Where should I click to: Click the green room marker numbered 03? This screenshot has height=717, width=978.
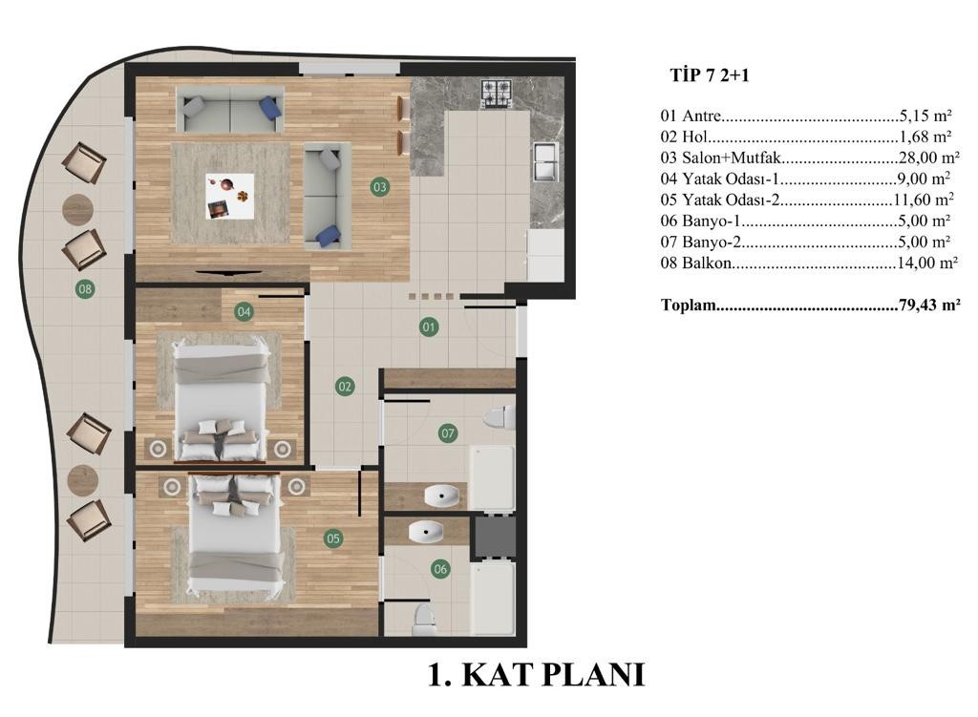tap(379, 186)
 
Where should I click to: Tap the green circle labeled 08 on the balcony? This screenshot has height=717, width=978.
tap(85, 288)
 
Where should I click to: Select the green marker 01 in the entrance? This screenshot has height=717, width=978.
tap(429, 327)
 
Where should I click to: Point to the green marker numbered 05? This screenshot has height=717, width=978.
tap(333, 538)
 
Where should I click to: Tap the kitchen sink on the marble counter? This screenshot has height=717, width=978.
tap(545, 161)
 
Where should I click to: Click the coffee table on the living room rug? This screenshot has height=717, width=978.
tap(230, 196)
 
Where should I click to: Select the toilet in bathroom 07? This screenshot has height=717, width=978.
tap(500, 418)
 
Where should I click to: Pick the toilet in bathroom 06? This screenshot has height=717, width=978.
tap(424, 619)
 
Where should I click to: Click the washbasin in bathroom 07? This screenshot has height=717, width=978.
tap(441, 496)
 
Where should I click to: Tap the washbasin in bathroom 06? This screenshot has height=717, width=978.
tap(426, 532)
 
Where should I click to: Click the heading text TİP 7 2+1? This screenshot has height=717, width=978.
tap(710, 75)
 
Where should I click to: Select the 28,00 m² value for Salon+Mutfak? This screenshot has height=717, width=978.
tap(928, 158)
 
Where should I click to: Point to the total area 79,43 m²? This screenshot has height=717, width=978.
tap(929, 306)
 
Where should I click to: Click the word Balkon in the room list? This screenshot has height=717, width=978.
tap(707, 263)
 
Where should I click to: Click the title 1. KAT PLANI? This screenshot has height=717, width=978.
tap(537, 675)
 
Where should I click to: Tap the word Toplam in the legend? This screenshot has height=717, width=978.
tap(689, 306)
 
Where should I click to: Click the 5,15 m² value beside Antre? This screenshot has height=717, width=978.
tap(925, 116)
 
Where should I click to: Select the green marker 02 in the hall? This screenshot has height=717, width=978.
tap(345, 387)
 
